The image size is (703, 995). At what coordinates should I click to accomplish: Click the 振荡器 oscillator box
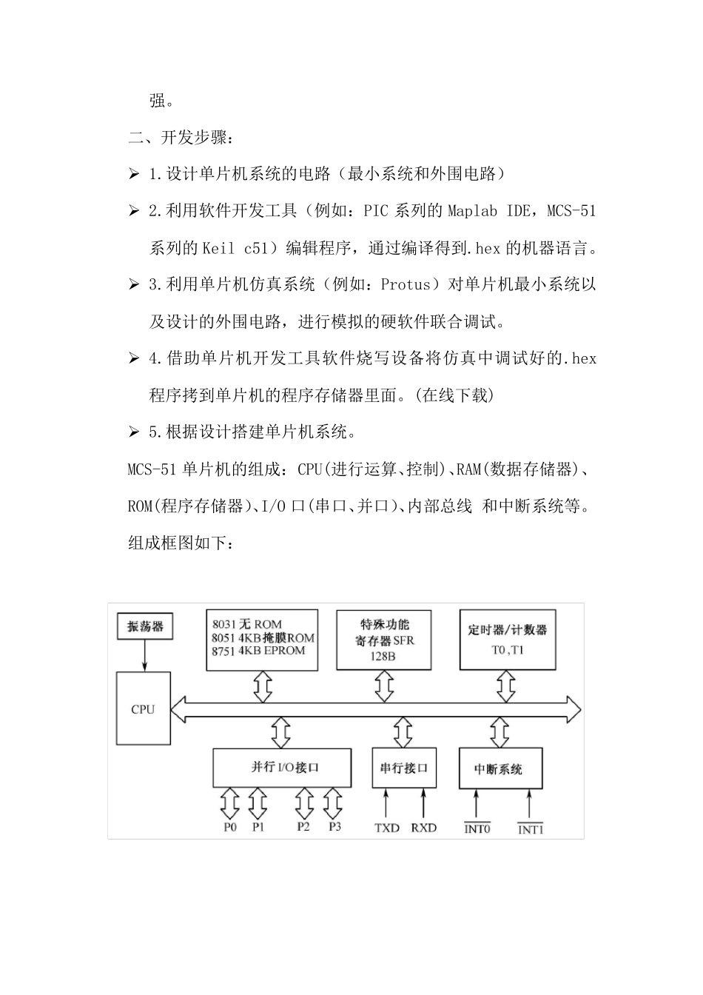click(145, 627)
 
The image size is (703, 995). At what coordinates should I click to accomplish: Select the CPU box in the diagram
click(143, 708)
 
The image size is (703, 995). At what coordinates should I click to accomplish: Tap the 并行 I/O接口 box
click(282, 767)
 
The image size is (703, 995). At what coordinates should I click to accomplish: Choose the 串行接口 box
click(403, 768)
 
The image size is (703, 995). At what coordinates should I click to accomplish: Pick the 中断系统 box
click(501, 769)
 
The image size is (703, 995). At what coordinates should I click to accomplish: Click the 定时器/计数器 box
click(507, 640)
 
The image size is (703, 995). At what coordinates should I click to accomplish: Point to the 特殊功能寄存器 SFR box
click(384, 640)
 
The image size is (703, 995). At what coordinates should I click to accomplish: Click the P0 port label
click(230, 827)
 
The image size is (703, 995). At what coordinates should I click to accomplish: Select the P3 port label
click(334, 827)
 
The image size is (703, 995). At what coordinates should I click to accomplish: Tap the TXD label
click(386, 828)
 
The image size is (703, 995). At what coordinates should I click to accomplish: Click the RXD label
click(423, 828)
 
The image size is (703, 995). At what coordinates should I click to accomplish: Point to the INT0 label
click(477, 828)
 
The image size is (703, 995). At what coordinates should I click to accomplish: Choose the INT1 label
click(530, 828)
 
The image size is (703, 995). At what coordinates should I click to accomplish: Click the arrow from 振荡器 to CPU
click(145, 655)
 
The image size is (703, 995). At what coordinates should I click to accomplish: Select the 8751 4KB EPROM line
click(258, 651)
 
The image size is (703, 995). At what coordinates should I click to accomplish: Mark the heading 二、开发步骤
click(181, 137)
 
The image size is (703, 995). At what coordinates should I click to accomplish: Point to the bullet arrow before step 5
click(134, 432)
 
